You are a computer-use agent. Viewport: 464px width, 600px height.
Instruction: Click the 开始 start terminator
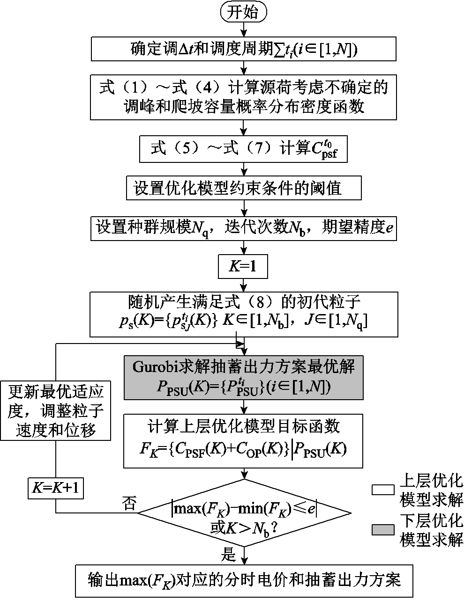coord(243,12)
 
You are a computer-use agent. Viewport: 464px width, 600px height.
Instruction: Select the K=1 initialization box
coord(243,267)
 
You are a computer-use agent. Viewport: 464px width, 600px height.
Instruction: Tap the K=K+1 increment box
coord(55,488)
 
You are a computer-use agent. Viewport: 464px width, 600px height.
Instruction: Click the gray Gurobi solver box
coord(243,377)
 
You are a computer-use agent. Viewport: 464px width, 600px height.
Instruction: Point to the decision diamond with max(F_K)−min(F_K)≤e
coord(244,513)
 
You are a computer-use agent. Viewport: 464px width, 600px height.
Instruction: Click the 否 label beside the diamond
coord(129,504)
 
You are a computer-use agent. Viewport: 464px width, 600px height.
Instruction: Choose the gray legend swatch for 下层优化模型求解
coord(383,530)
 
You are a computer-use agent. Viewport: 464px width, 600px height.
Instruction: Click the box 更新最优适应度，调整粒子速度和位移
coord(55,410)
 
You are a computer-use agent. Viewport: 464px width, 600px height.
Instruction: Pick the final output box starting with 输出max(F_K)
coord(244,581)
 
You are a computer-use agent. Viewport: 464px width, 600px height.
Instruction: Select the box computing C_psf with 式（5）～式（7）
coord(244,149)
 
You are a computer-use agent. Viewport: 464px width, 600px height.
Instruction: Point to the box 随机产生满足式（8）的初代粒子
coord(244,314)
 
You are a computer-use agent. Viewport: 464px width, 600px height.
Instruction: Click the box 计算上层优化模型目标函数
coord(243,440)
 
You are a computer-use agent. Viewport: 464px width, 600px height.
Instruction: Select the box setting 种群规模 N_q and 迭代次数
coord(244,228)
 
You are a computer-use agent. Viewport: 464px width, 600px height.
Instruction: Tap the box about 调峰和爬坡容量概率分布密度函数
coord(244,97)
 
